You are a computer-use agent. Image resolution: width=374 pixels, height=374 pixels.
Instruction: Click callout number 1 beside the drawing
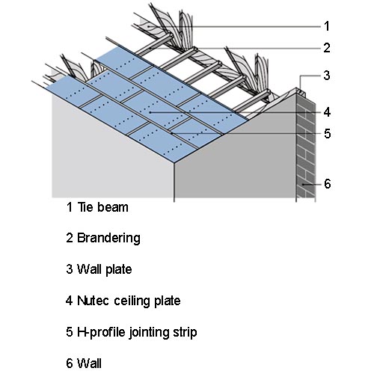pos(327,26)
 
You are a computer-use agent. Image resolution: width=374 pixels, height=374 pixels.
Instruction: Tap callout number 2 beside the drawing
pos(327,48)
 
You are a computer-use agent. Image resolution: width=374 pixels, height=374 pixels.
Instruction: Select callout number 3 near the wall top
pos(327,76)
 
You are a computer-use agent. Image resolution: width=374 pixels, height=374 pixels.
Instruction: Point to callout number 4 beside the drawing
pos(327,112)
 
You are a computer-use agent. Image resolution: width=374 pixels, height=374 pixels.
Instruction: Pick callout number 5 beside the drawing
pos(328,134)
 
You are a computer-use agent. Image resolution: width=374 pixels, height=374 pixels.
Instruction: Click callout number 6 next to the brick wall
pos(328,184)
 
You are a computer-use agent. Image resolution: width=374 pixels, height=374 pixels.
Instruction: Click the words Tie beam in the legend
pos(103,207)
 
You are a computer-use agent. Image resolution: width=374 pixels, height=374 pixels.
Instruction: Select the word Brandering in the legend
pos(108,238)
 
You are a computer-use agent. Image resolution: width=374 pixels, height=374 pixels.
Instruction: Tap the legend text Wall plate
pos(105,269)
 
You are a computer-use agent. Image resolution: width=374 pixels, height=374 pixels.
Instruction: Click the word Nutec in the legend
pos(93,301)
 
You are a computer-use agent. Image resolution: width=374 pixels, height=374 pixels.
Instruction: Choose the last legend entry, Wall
pos(89,363)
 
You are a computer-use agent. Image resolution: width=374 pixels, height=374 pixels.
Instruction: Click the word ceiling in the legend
pos(132,301)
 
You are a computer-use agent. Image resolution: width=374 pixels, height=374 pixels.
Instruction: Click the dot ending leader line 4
pos(150,112)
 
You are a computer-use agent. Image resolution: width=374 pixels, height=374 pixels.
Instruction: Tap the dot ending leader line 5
pos(172,134)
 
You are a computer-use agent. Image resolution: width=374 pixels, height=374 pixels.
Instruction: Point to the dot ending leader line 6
pos(304,184)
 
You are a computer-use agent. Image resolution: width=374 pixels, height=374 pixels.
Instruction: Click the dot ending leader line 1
pos(149,26)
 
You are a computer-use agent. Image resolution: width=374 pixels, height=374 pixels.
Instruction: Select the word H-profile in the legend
pos(101,333)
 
